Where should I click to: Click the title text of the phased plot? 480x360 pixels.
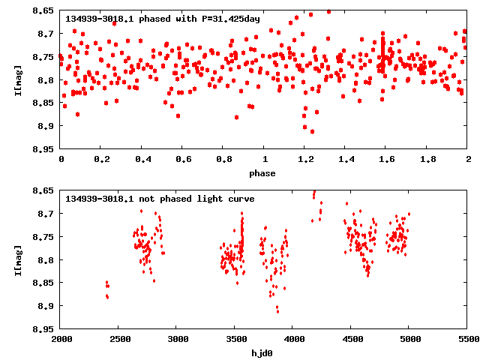click(x=162, y=18)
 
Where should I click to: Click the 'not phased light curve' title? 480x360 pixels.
click(x=160, y=199)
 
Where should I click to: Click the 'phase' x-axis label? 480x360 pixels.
click(x=263, y=173)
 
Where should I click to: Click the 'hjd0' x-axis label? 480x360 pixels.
click(x=263, y=353)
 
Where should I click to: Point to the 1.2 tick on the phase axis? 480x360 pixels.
click(x=305, y=160)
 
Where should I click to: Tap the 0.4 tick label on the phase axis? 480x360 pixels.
click(x=142, y=160)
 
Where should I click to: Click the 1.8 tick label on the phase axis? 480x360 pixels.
click(x=427, y=160)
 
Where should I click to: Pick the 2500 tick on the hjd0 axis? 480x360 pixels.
click(x=119, y=340)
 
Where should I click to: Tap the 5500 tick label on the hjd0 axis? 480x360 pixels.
click(x=468, y=340)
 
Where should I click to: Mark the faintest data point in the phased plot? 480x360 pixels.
click(x=312, y=132)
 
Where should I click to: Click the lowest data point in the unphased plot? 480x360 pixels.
click(x=277, y=310)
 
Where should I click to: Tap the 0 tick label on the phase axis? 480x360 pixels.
click(x=61, y=160)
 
